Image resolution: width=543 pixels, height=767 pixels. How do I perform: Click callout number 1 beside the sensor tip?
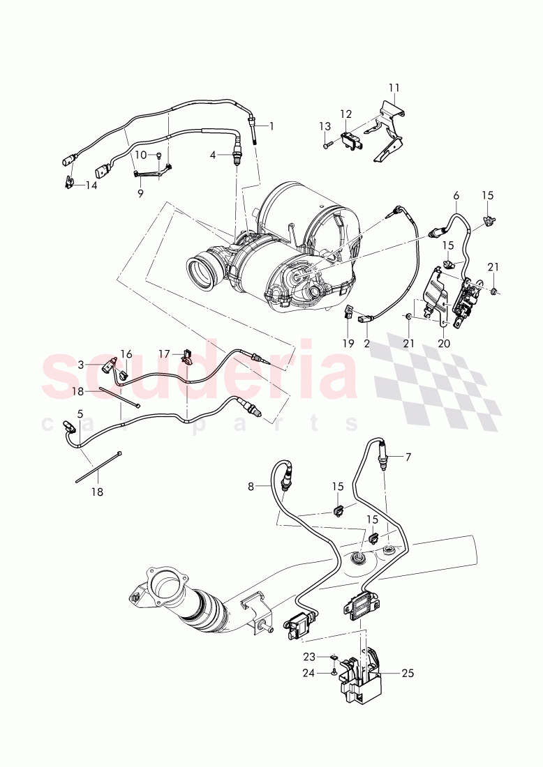click(x=271, y=126)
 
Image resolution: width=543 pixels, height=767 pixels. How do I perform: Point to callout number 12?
click(x=346, y=114)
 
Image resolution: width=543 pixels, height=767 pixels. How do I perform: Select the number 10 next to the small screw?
click(x=140, y=155)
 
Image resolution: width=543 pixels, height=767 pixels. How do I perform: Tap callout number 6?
click(x=456, y=197)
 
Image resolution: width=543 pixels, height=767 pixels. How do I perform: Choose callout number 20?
click(x=444, y=343)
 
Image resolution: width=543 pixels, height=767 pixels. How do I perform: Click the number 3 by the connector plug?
click(x=81, y=364)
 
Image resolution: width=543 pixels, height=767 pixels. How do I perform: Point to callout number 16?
click(x=126, y=354)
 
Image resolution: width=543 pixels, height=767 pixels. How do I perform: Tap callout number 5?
click(x=80, y=413)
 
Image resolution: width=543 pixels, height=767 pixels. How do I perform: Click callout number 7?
click(x=408, y=457)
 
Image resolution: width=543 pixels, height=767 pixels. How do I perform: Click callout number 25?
click(x=407, y=674)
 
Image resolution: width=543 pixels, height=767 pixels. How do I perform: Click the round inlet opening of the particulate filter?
click(x=202, y=273)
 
